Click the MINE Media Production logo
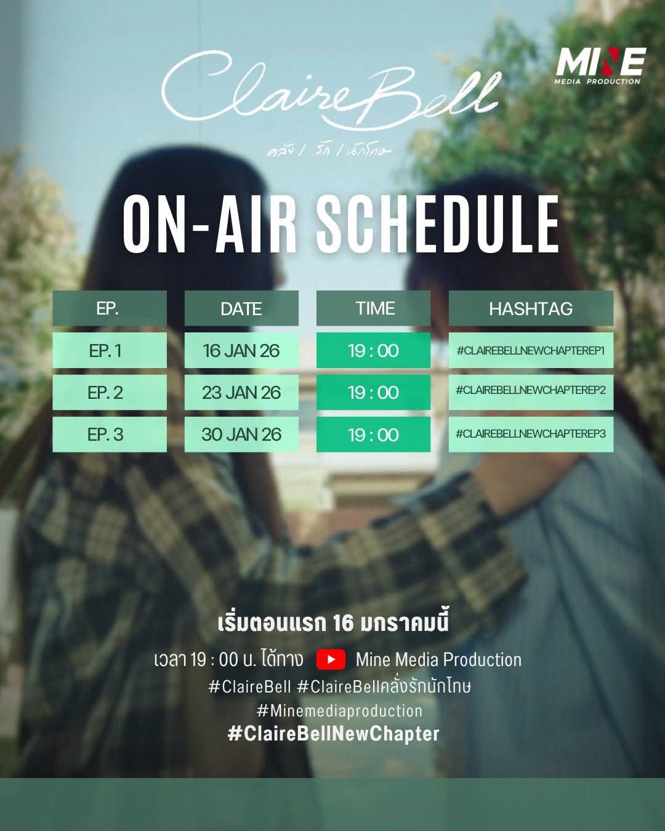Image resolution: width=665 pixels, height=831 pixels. click(x=601, y=66)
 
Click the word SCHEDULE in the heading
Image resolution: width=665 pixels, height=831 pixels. click(x=438, y=224)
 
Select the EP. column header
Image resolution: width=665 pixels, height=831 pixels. click(x=110, y=308)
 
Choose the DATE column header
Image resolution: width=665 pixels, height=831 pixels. click(x=241, y=308)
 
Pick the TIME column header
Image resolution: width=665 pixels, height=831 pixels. click(x=373, y=308)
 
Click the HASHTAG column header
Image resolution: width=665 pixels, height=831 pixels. click(x=531, y=308)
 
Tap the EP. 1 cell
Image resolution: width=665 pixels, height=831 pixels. click(x=110, y=350)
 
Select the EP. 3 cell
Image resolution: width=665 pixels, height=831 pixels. click(x=110, y=435)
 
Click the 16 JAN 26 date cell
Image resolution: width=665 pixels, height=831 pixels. click(x=241, y=350)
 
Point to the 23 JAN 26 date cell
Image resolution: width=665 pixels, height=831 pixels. click(x=241, y=392)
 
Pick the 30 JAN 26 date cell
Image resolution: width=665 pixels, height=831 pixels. click(x=241, y=435)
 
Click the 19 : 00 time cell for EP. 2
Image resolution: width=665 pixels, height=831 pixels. click(x=373, y=392)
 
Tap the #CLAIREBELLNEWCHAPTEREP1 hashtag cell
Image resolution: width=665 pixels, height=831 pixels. click(x=531, y=350)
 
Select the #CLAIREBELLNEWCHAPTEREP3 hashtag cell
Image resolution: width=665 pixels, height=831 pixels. click(x=531, y=435)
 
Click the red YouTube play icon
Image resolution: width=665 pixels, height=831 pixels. click(x=331, y=659)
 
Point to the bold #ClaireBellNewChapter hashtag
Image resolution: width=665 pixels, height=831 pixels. click(x=334, y=734)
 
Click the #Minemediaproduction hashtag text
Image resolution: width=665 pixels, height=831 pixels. click(x=339, y=710)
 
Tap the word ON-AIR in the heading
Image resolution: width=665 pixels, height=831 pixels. click(x=210, y=224)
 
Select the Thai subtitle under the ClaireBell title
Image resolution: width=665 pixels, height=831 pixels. click(x=329, y=150)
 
